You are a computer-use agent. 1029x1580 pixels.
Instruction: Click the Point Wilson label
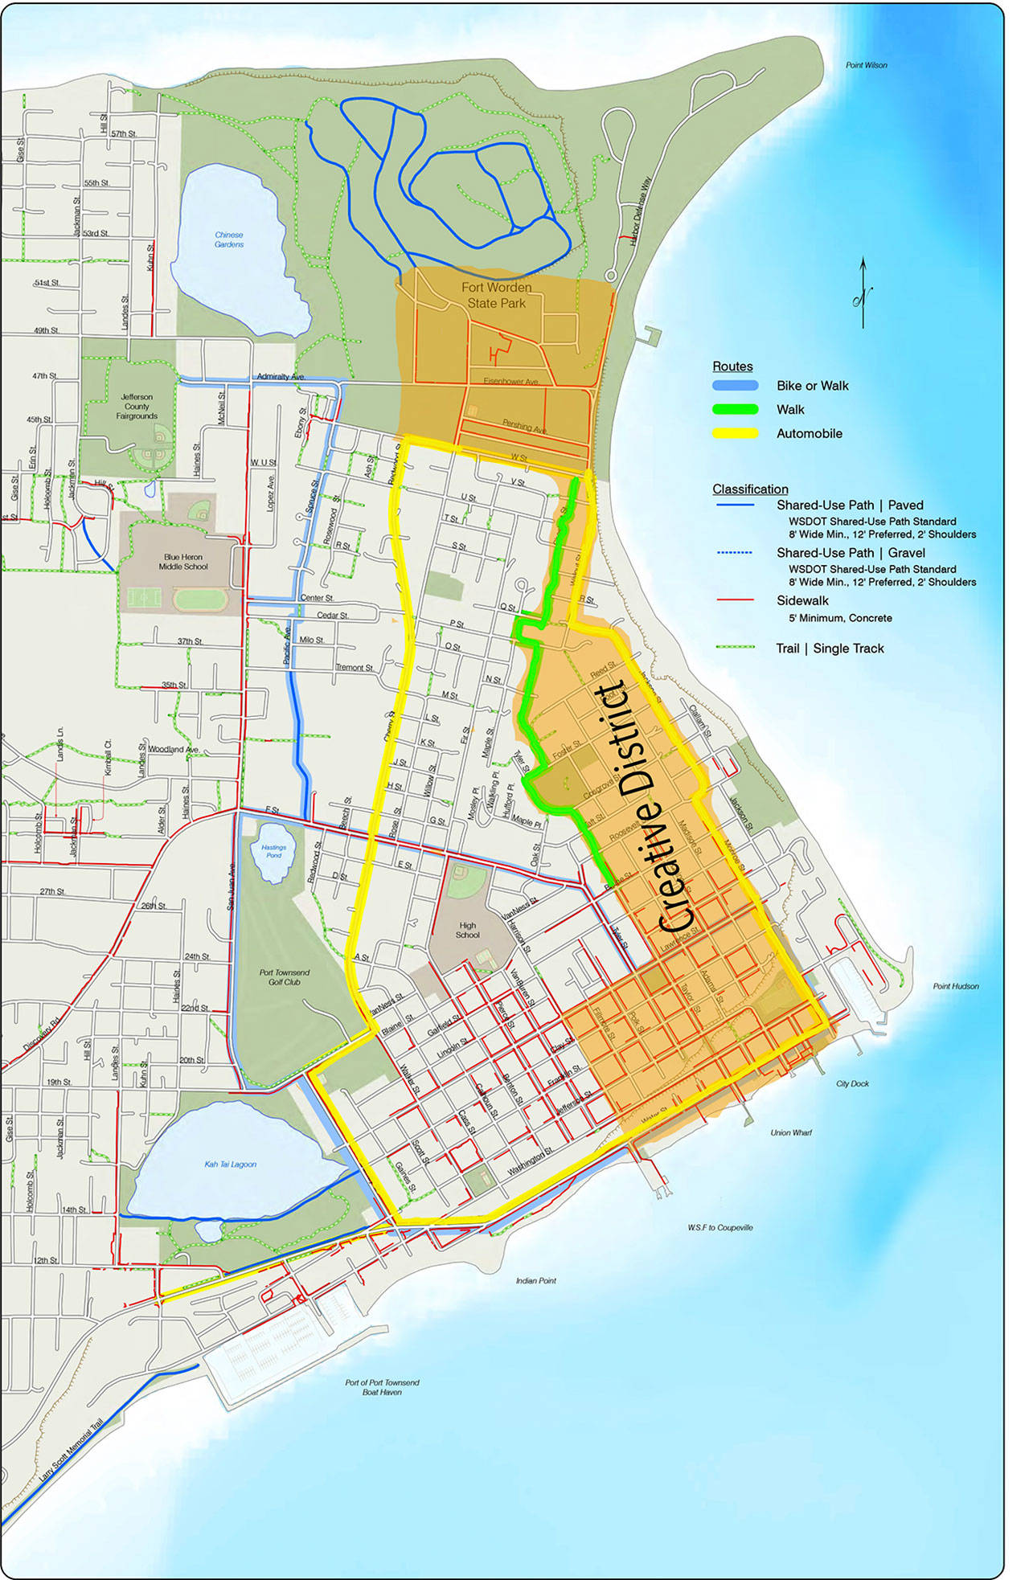click(866, 65)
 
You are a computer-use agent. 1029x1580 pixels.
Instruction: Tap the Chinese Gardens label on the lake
click(229, 239)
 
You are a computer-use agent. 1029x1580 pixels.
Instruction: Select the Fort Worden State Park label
click(496, 295)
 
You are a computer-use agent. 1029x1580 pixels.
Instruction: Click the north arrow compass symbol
click(863, 293)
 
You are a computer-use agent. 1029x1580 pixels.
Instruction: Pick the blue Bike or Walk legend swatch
click(735, 386)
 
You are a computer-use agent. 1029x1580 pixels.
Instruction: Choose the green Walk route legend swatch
click(735, 410)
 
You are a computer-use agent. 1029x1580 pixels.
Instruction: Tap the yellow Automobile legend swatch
click(735, 434)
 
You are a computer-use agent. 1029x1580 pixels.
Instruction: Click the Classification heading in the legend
click(750, 489)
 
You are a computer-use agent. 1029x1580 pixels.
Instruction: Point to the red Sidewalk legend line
click(735, 600)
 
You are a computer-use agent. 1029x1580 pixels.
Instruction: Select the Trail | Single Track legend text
click(830, 649)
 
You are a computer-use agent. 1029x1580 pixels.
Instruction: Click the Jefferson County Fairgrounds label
click(137, 407)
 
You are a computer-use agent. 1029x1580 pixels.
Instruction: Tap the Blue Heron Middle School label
click(183, 562)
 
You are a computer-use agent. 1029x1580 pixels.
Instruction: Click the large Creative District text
click(643, 808)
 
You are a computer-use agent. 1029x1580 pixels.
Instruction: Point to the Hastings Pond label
click(273, 851)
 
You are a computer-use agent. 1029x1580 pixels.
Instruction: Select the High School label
click(467, 930)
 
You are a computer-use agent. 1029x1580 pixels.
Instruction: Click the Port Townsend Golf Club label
click(284, 976)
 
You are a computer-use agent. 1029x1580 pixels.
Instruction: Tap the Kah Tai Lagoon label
click(230, 1164)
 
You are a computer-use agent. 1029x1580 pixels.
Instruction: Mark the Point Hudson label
click(955, 986)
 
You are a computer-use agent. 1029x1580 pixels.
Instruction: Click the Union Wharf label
click(791, 1132)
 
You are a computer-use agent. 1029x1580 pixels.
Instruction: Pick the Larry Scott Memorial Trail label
click(72, 1451)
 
